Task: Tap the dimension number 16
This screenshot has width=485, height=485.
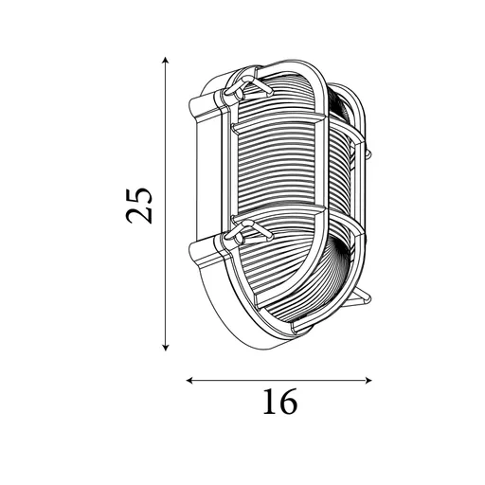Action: coord(278,403)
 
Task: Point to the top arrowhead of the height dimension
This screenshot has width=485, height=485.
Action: coord(167,59)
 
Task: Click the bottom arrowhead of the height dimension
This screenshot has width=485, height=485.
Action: coord(167,347)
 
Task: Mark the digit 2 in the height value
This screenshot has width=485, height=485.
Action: coord(140,215)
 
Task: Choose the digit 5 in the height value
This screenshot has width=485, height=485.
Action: coord(140,190)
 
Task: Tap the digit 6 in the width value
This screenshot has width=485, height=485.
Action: coord(288,403)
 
